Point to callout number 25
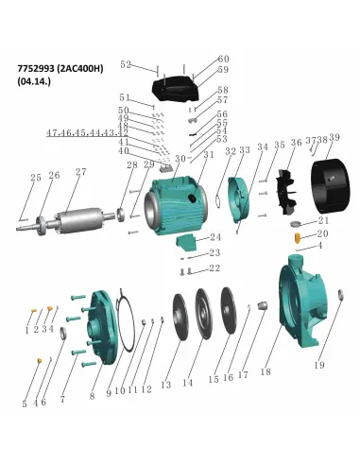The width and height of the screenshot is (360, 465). (x=35, y=177)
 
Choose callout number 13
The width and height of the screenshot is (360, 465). (x=165, y=385)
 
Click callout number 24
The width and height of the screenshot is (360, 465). (x=215, y=237)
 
